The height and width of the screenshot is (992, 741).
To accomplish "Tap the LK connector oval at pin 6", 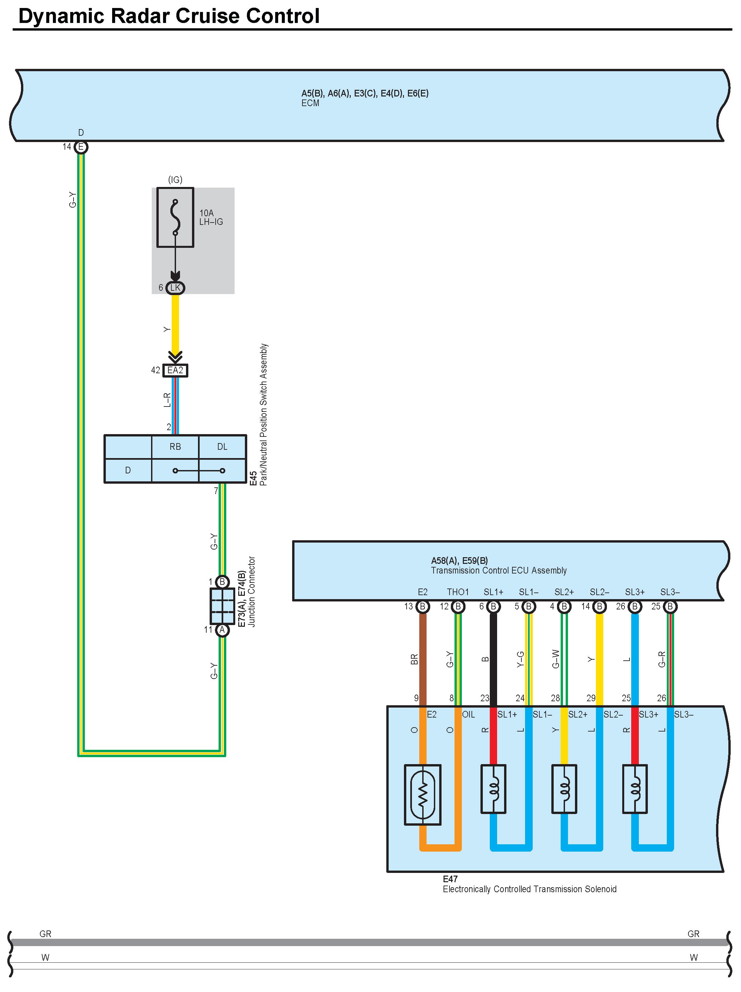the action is tap(175, 287).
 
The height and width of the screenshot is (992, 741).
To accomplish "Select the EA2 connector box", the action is tap(175, 371).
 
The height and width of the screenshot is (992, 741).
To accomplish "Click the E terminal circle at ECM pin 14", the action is tap(81, 147).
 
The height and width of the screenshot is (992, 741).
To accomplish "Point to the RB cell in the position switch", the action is tap(175, 447).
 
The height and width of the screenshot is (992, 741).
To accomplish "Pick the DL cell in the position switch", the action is tap(223, 447).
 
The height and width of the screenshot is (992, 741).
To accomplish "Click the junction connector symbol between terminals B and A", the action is tap(222, 606).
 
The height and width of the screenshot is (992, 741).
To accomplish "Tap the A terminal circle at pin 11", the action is tap(222, 630).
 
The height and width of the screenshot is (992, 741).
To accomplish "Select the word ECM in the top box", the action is tap(310, 103).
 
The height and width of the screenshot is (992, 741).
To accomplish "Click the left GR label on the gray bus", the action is tap(45, 934).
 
